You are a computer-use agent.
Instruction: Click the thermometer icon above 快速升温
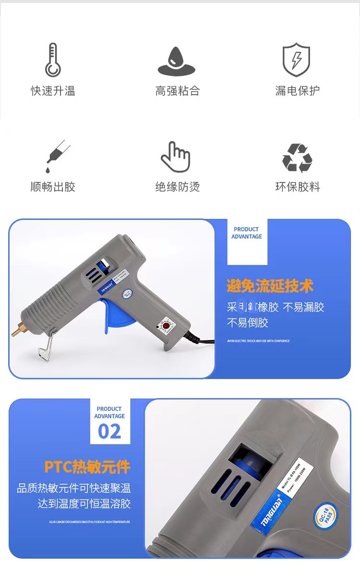click(x=53, y=60)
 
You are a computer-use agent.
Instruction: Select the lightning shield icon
click(x=296, y=60)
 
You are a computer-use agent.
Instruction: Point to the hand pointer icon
click(x=175, y=157)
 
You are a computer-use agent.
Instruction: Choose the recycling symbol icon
click(x=297, y=158)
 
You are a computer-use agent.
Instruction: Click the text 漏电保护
click(x=297, y=91)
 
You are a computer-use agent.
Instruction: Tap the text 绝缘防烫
click(x=177, y=187)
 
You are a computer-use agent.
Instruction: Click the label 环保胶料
click(x=297, y=187)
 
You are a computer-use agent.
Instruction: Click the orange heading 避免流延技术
click(x=270, y=287)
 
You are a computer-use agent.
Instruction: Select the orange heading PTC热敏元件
click(x=87, y=467)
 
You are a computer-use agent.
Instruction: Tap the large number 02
click(x=109, y=432)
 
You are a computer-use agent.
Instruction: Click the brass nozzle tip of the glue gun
click(x=18, y=330)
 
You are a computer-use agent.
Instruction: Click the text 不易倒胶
click(x=247, y=323)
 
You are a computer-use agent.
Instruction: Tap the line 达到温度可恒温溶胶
click(x=84, y=504)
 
